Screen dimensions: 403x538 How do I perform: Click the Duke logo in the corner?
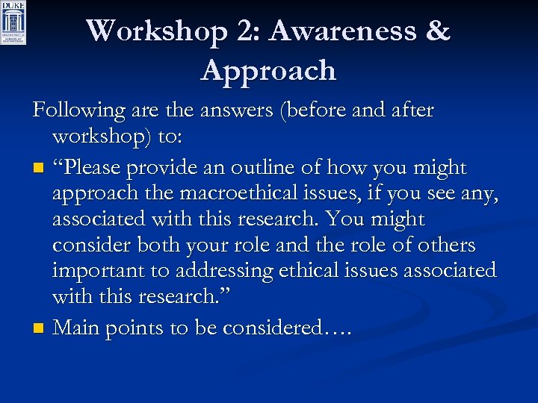[13, 22]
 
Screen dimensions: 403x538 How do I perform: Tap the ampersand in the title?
[437, 31]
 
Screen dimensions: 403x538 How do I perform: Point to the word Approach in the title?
[268, 71]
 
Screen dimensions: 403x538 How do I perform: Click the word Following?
[79, 110]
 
